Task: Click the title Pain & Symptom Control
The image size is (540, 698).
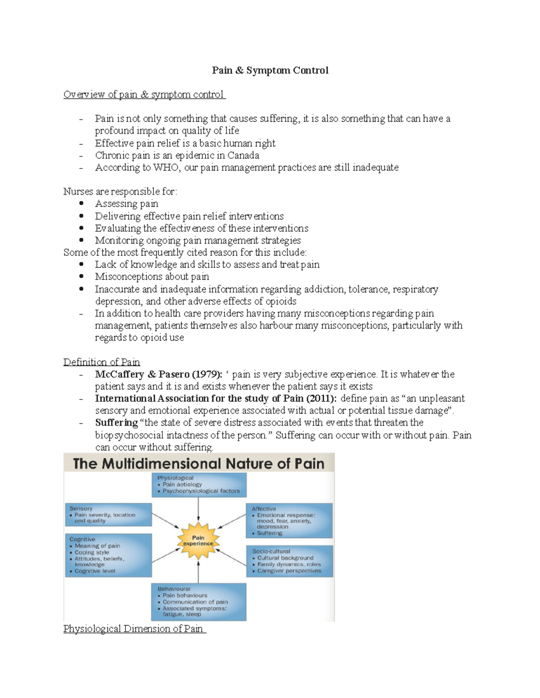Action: point(270,71)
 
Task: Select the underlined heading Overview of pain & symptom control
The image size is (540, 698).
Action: point(144,95)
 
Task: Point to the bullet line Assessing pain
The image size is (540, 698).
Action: point(126,204)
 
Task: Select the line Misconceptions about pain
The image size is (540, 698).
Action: point(152,277)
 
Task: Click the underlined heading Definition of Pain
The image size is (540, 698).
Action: point(102,362)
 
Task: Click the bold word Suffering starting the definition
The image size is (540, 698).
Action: point(117,423)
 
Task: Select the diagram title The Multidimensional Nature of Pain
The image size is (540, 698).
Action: point(198,463)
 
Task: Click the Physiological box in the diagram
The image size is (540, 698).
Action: point(199,485)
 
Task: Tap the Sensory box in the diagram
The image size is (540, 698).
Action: point(108,515)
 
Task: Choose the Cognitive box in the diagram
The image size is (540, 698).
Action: point(108,555)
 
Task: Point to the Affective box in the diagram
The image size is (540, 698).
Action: point(289,521)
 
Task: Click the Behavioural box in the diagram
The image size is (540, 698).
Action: point(199,601)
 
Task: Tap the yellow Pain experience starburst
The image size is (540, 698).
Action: point(198,541)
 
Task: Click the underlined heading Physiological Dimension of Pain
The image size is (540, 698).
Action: point(134,629)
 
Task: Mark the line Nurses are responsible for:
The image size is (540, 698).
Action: point(120,192)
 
